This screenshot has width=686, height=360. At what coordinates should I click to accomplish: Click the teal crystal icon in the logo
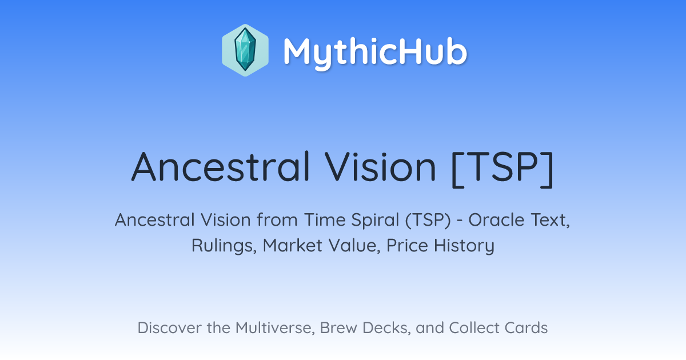pyautogui.click(x=245, y=50)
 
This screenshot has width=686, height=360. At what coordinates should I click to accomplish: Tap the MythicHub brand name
pyautogui.click(x=375, y=51)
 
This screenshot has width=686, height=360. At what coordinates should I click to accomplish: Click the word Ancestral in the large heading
pyautogui.click(x=221, y=167)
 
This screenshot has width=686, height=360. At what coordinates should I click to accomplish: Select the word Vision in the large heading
pyautogui.click(x=380, y=167)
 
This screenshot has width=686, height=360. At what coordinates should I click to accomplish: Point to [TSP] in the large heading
pyautogui.click(x=503, y=169)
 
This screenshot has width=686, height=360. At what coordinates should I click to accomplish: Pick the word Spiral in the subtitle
pyautogui.click(x=375, y=221)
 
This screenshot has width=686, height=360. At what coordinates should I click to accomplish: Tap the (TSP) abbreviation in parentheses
pyautogui.click(x=428, y=221)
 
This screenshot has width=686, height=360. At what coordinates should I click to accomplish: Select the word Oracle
pyautogui.click(x=496, y=220)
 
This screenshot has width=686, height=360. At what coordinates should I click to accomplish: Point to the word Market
pyautogui.click(x=293, y=246)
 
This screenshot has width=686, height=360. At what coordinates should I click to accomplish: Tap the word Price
pyautogui.click(x=407, y=246)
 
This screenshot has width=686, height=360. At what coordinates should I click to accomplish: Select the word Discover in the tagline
pyautogui.click(x=169, y=328)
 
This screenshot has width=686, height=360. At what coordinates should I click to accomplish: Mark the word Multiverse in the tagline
pyautogui.click(x=275, y=328)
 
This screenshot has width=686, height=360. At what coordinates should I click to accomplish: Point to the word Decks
pyautogui.click(x=386, y=328)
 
